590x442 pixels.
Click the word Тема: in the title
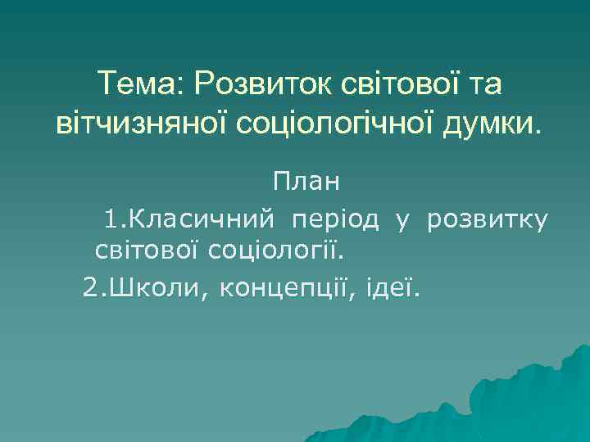click(136, 83)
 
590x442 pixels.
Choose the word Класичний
click(202, 219)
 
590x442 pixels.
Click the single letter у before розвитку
click(402, 219)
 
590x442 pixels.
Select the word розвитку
click(486, 219)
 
